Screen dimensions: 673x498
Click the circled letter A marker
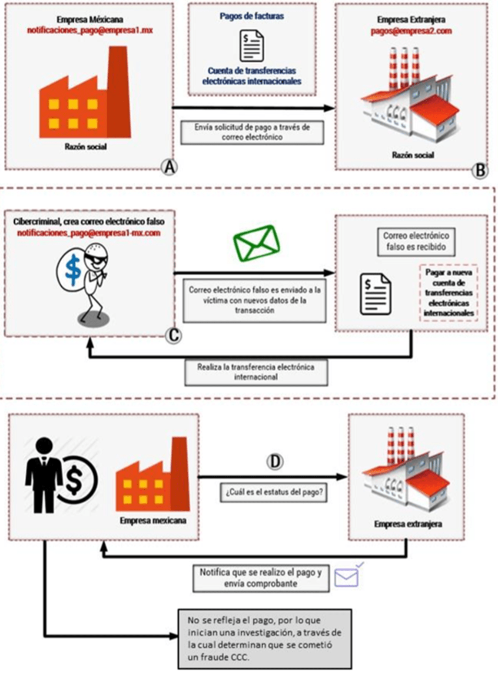[x=169, y=167]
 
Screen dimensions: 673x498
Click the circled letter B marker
[x=480, y=170]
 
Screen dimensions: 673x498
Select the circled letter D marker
[x=275, y=462]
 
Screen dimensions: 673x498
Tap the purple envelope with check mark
[x=348, y=576]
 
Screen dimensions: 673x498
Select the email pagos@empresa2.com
[x=411, y=31]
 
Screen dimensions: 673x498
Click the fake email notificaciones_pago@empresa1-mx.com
[x=89, y=233]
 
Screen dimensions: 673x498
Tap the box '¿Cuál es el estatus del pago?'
[x=274, y=493]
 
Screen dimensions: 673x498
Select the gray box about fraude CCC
[x=264, y=639]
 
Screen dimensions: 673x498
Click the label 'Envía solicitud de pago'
[x=252, y=132]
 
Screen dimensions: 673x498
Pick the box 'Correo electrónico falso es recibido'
[x=416, y=241]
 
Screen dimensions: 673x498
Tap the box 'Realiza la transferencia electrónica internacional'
[x=256, y=372]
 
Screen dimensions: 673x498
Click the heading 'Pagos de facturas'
[x=252, y=16]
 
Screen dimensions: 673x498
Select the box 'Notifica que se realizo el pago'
[x=261, y=578]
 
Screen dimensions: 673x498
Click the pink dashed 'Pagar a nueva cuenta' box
[x=448, y=293]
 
